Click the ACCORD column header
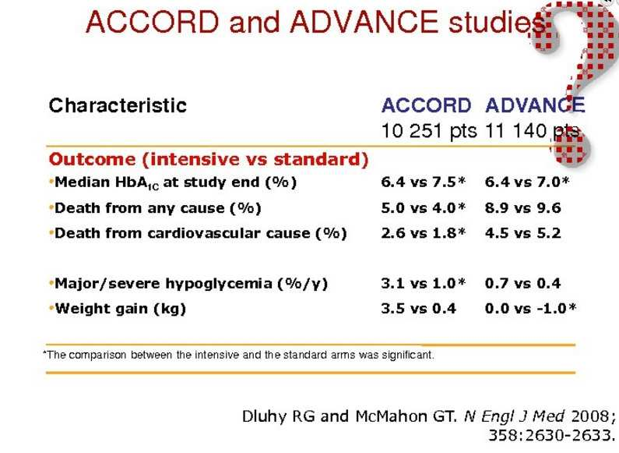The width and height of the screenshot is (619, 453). coord(426,105)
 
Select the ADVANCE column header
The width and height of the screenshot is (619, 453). coord(535,105)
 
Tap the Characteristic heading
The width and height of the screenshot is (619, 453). coord(118,105)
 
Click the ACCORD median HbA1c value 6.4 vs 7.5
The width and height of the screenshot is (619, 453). coord(424,182)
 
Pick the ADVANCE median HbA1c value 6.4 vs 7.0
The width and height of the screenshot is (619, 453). coord(527,182)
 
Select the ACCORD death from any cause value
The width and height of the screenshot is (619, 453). coord(424,208)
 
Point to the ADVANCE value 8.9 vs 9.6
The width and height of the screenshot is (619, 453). coord(523,208)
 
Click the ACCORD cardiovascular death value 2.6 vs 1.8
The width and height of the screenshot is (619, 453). coord(424,233)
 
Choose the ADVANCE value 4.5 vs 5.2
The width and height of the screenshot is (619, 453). coord(523,233)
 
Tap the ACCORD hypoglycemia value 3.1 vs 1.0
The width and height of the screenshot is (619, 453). coord(424,284)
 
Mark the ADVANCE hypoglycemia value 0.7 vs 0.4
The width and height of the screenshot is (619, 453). coord(523,284)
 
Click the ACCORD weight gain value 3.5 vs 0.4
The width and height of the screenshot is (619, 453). coord(418,308)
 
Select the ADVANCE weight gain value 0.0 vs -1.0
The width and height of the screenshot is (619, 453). coord(530,308)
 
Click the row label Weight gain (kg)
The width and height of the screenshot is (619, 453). coord(121,309)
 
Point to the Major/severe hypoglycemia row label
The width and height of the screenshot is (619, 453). coord(192,284)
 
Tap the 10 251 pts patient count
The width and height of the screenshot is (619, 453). coord(429,130)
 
